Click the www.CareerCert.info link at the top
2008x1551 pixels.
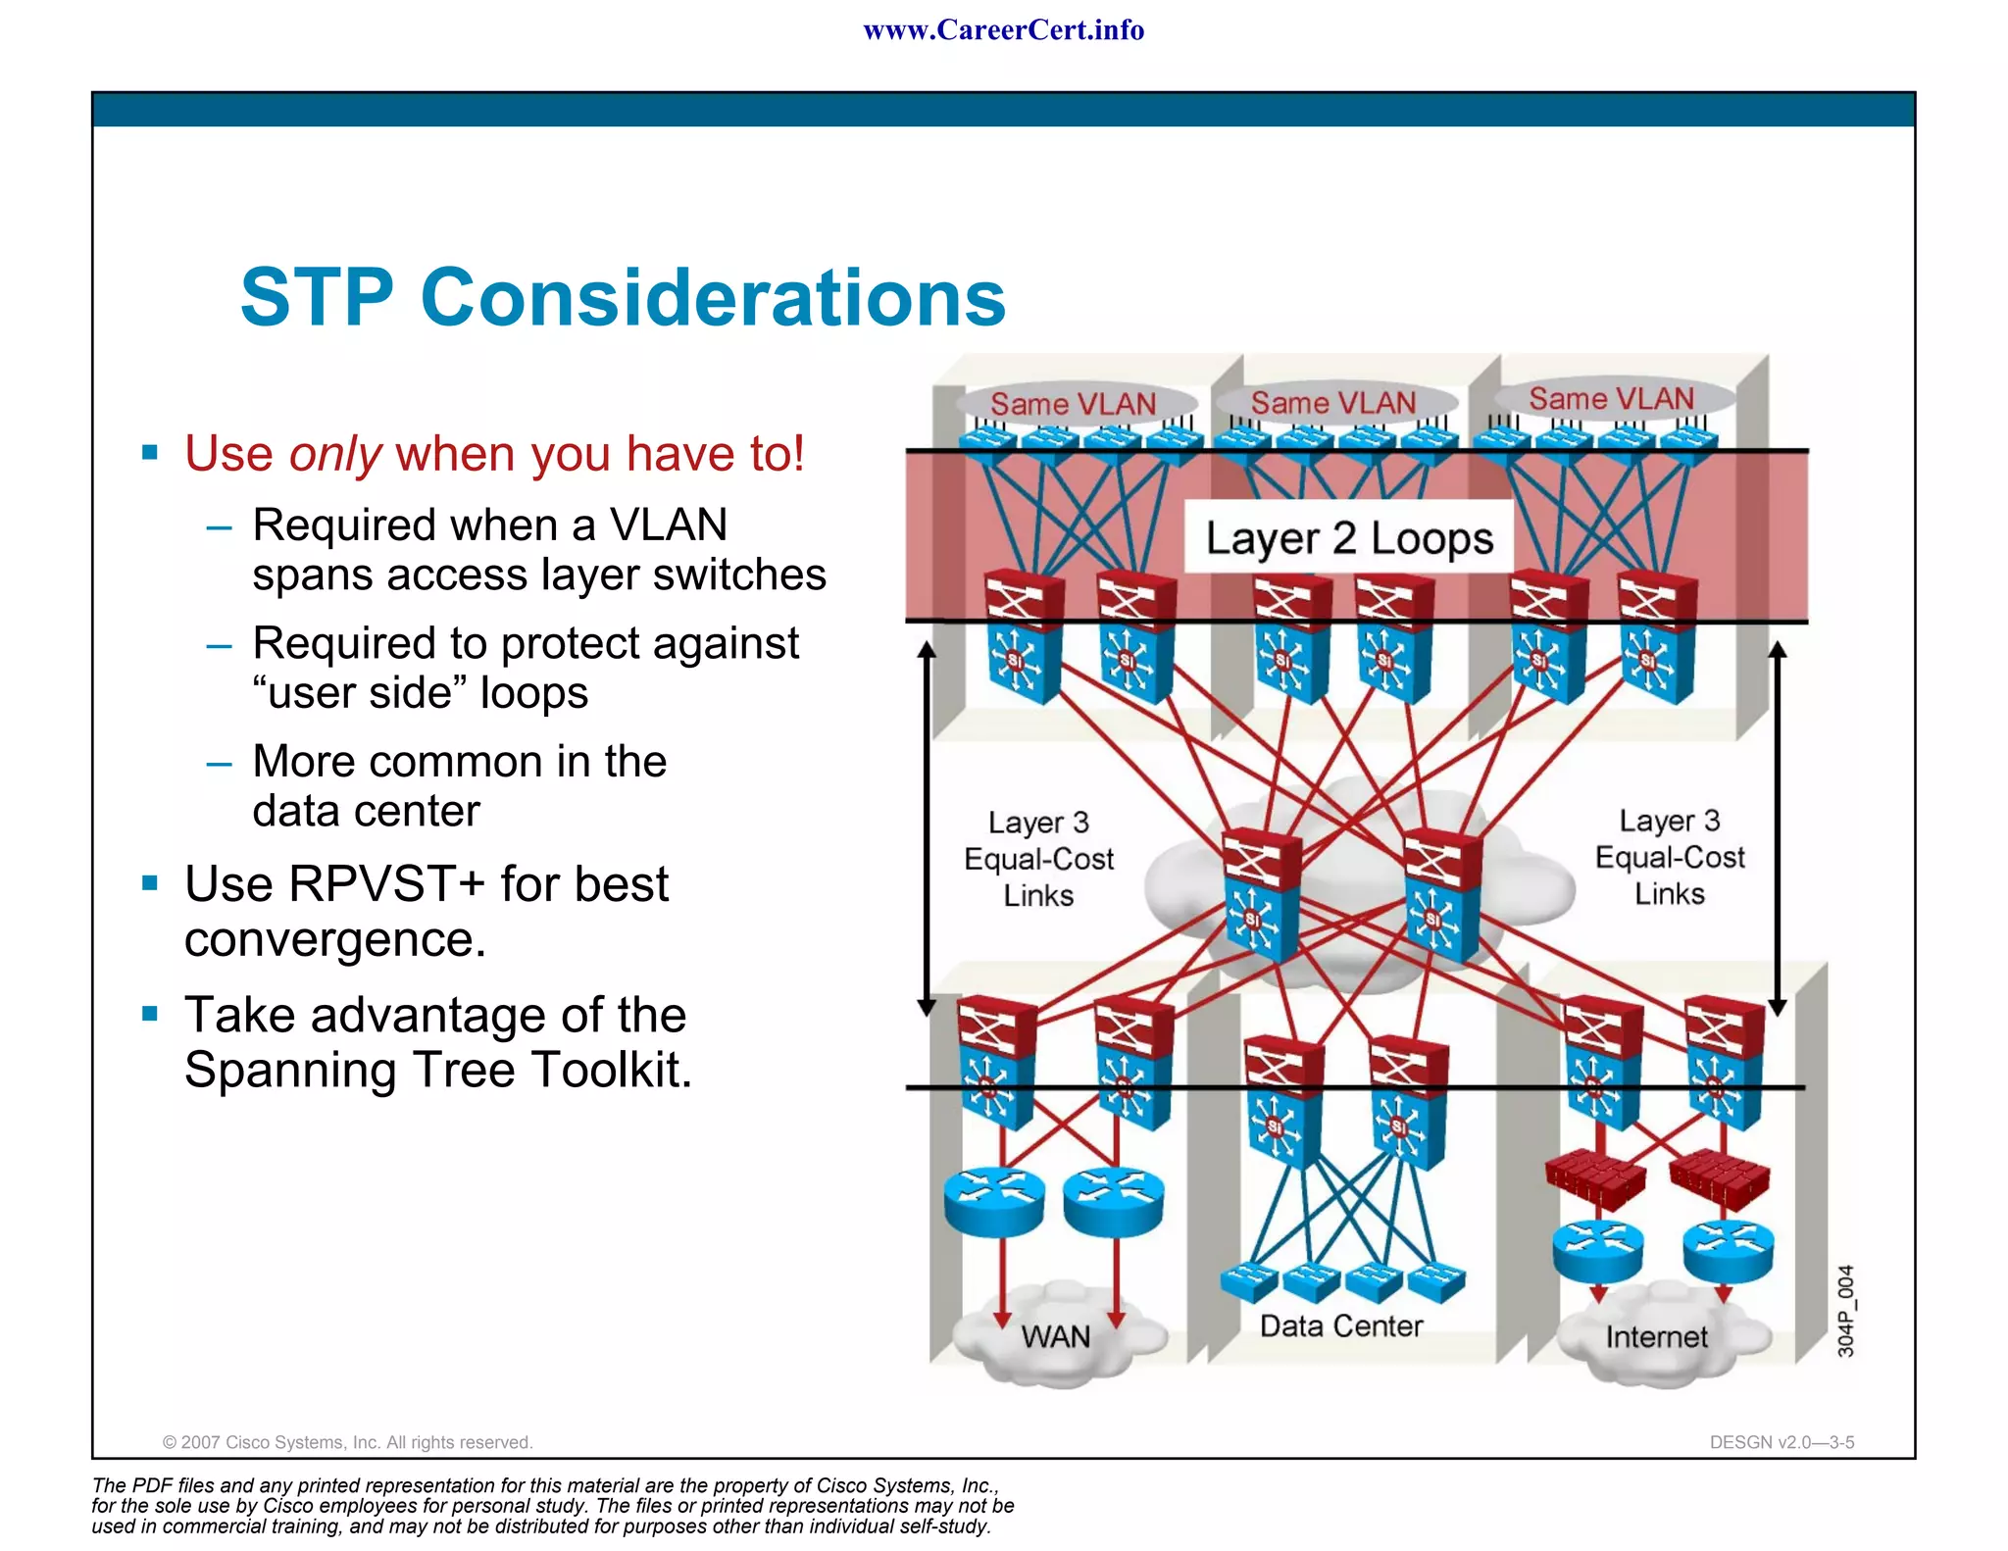1003,30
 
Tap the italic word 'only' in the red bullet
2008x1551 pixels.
334,454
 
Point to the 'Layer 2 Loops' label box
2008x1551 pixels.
1348,538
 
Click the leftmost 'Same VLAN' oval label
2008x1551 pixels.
1073,404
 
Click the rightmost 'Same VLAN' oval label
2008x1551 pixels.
1611,399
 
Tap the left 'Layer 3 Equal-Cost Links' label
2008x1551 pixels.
1038,859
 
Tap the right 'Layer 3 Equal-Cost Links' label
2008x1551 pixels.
1669,857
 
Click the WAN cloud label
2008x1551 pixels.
1055,1336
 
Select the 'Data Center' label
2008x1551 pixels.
1340,1326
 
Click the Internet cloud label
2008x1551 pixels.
1656,1337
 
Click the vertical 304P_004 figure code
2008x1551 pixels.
1845,1311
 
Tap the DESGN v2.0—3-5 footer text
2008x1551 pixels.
1781,1442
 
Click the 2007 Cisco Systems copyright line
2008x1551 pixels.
347,1442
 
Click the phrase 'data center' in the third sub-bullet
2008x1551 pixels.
366,812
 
